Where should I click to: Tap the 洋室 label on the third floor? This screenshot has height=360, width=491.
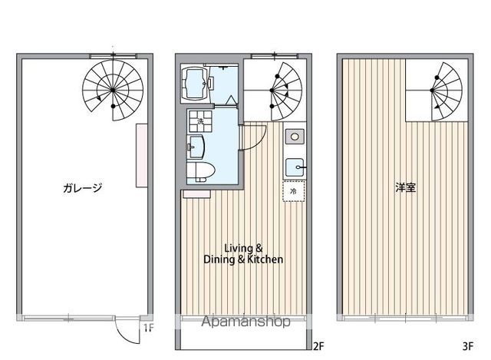coord(407,187)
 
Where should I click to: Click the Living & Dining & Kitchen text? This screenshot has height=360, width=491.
coord(243,253)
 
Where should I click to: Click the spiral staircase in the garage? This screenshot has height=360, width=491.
coord(113,91)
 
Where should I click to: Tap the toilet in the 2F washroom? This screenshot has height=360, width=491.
coord(200,170)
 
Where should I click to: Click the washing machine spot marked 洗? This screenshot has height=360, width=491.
coord(200,121)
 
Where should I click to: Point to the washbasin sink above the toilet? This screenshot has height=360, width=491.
coord(197,146)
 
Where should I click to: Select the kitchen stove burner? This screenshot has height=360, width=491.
coord(294,137)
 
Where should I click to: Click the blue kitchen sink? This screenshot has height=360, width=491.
coord(294,165)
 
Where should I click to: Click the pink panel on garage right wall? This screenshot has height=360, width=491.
coord(140,154)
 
